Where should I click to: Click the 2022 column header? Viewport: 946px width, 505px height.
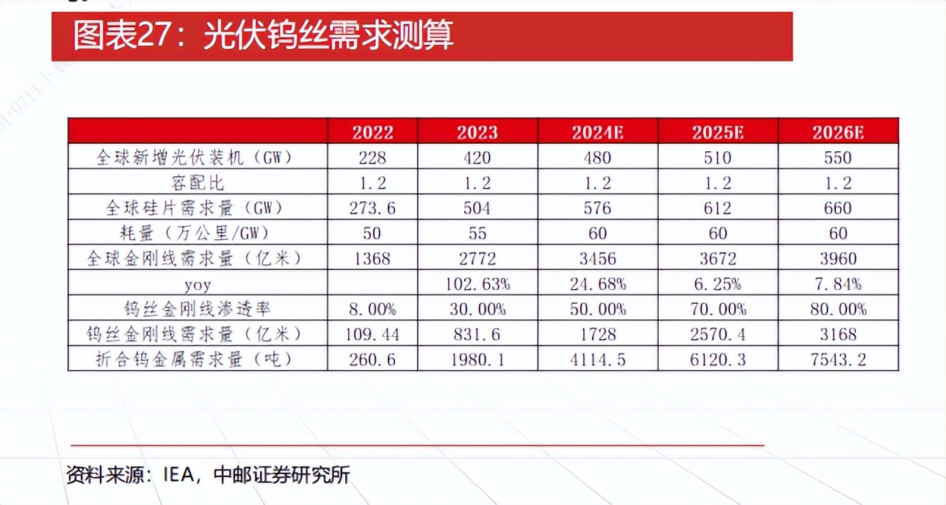(x=373, y=132)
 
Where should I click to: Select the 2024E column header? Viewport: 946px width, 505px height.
(x=597, y=132)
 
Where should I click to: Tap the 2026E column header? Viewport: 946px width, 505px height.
(x=837, y=132)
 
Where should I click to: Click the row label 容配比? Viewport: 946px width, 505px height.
(x=198, y=183)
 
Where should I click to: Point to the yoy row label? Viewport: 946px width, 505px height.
(x=198, y=283)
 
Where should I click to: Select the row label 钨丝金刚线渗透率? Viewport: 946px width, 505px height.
(x=198, y=309)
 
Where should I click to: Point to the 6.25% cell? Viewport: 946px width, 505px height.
(x=717, y=283)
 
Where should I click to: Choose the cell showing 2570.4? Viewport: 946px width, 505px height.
(x=717, y=334)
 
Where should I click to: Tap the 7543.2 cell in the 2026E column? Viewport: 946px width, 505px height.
(x=837, y=359)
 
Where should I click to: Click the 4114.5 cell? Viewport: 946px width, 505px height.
(x=597, y=359)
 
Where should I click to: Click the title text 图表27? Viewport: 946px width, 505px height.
(x=122, y=36)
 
